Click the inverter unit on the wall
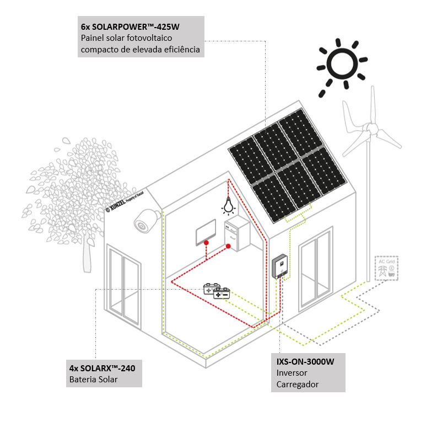click(x=280, y=265)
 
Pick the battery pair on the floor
click(x=217, y=291)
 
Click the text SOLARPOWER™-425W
click(x=132, y=26)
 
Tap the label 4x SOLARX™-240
click(x=102, y=367)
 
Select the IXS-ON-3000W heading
click(x=305, y=362)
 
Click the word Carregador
click(x=298, y=384)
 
